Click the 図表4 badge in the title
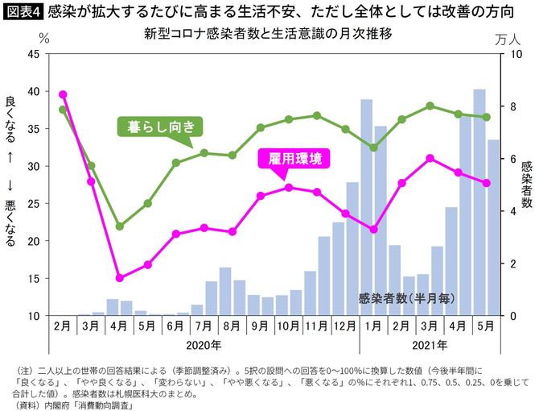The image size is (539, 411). pyautogui.click(x=23, y=12)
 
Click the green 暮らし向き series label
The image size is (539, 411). pyautogui.click(x=161, y=127)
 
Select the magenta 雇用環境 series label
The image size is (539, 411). pyautogui.click(x=294, y=159)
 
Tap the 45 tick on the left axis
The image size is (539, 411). pyautogui.click(x=34, y=54)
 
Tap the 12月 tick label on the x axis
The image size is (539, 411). pyautogui.click(x=345, y=327)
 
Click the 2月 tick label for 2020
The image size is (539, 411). pyautogui.click(x=63, y=327)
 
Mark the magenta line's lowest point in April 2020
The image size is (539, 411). pyautogui.click(x=119, y=278)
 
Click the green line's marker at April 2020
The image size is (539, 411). pyautogui.click(x=119, y=226)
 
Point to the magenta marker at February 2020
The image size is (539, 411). pyautogui.click(x=63, y=94)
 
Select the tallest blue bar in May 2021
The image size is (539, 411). pyautogui.click(x=479, y=201)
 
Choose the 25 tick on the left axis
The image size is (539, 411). pyautogui.click(x=34, y=203)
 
